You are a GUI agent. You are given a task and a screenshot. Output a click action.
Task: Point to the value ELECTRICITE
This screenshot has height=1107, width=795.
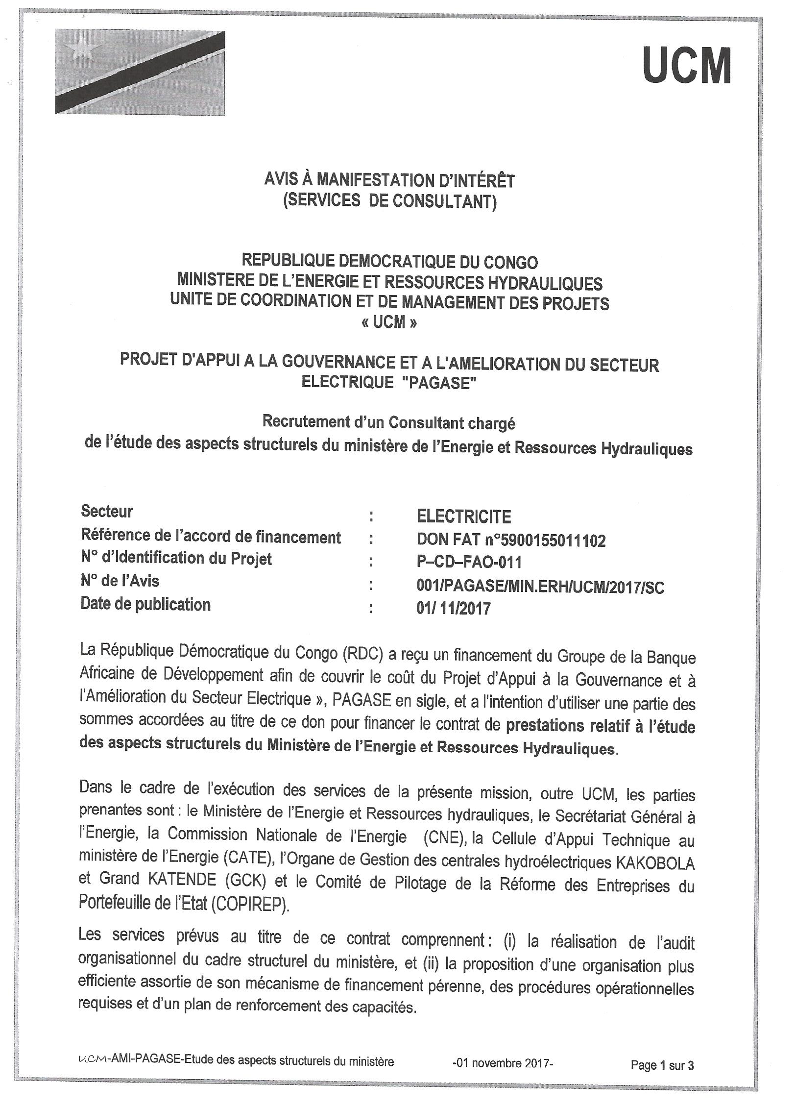[463, 517]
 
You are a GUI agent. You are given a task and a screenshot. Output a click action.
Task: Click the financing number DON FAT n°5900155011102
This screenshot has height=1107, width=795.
[511, 541]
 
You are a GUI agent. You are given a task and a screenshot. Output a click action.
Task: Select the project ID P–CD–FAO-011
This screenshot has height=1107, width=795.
[469, 562]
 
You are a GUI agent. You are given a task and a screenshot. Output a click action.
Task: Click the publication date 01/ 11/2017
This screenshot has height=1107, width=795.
[453, 609]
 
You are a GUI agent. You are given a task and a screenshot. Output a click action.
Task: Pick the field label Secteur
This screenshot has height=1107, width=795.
[107, 512]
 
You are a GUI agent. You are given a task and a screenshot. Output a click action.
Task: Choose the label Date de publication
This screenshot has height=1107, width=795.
[145, 604]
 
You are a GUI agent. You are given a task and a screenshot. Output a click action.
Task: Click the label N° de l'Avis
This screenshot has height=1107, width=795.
[120, 581]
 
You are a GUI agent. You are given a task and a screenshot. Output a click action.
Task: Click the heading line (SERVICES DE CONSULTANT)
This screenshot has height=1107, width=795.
[390, 201]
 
